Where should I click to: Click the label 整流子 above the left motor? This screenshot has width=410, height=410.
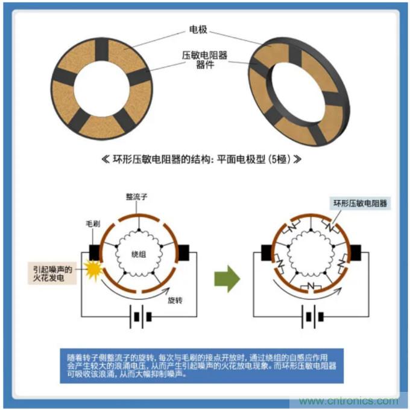click(x=136, y=198)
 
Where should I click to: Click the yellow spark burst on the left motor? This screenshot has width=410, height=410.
click(x=95, y=268)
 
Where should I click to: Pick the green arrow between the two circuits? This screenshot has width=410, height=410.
click(x=227, y=278)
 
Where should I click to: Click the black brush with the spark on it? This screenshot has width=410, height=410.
click(x=94, y=251)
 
